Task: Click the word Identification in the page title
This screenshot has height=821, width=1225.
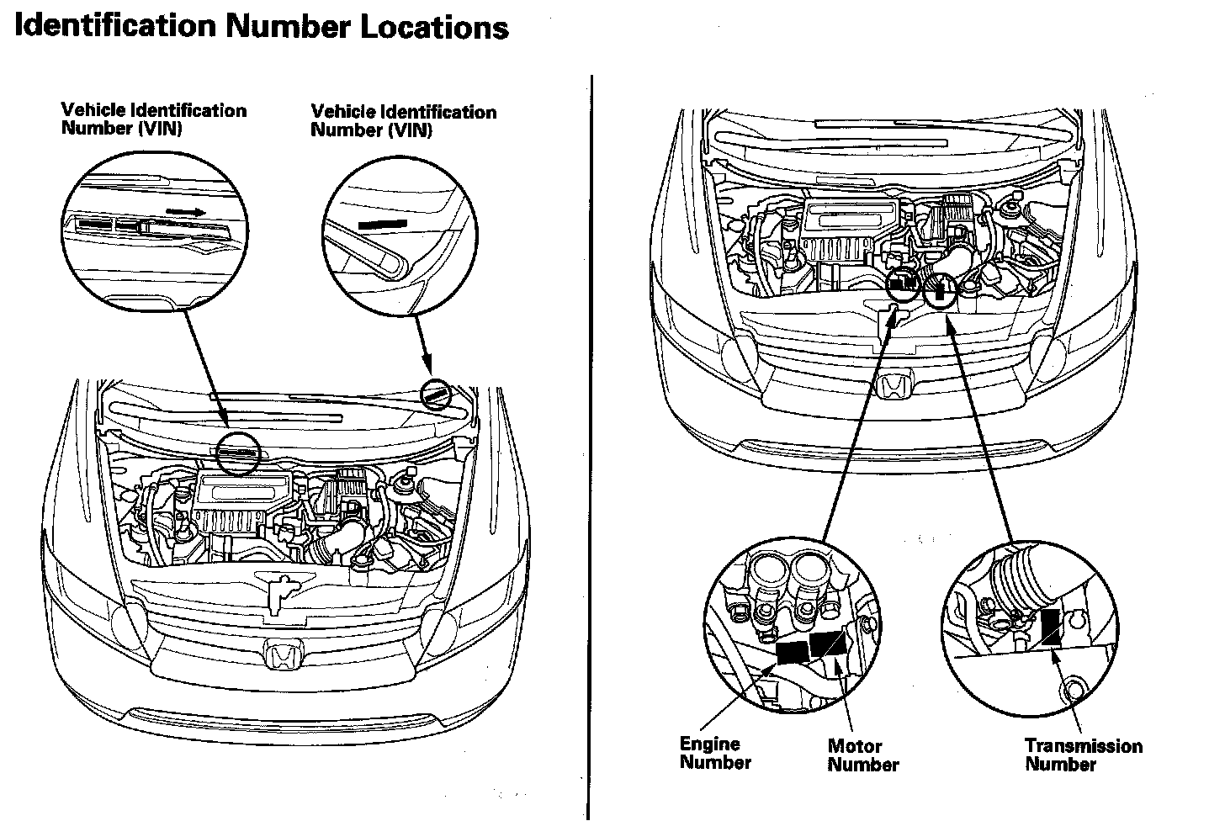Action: coord(114,25)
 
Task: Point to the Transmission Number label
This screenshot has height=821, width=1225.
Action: coord(1083,755)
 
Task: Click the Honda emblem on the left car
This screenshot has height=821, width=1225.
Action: coord(280,655)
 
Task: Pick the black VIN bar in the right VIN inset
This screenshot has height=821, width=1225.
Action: coord(382,225)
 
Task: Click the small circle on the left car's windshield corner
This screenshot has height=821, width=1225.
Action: coord(436,393)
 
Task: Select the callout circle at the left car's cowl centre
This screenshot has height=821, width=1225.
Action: coord(239,453)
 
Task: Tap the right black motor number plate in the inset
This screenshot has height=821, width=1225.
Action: coord(828,645)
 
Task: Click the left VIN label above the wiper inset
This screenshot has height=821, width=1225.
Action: coord(153,119)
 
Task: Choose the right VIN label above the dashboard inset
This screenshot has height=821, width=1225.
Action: coord(403,120)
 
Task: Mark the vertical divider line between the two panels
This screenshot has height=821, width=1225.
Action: coord(591,446)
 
